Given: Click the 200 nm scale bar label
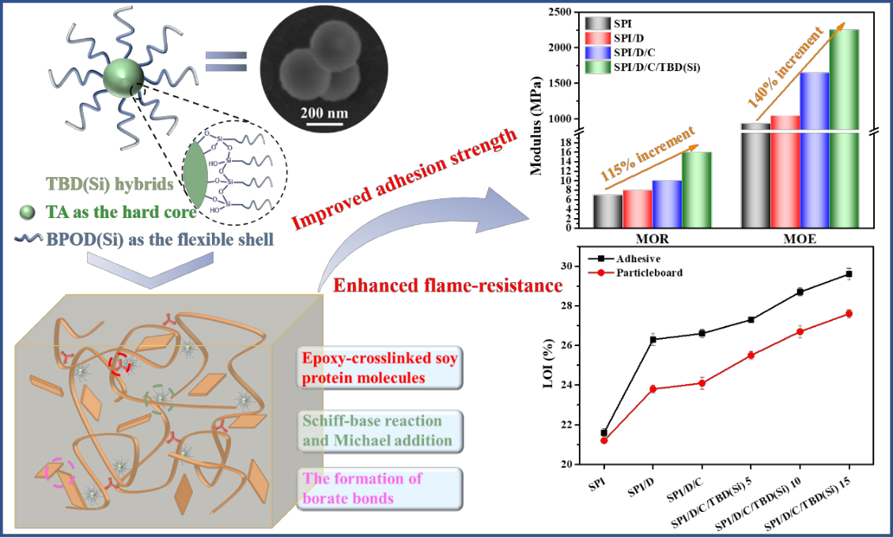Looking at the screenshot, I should (324, 113).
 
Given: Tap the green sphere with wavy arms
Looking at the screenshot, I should (125, 78).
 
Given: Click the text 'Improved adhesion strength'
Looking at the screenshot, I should (404, 179).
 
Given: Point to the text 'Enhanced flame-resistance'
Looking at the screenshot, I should (448, 285).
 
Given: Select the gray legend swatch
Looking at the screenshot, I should (597, 24).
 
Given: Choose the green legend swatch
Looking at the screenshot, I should (597, 67).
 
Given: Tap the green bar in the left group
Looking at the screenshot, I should (696, 190).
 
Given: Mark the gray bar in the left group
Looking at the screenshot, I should (607, 210).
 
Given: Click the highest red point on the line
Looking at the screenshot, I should (849, 314).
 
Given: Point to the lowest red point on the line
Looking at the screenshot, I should (605, 440).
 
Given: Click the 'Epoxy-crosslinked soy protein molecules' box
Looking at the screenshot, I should (380, 368).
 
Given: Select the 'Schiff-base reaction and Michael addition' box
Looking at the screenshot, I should (380, 431).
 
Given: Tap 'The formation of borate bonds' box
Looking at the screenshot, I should (380, 488).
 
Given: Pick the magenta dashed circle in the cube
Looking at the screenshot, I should (60, 472).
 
